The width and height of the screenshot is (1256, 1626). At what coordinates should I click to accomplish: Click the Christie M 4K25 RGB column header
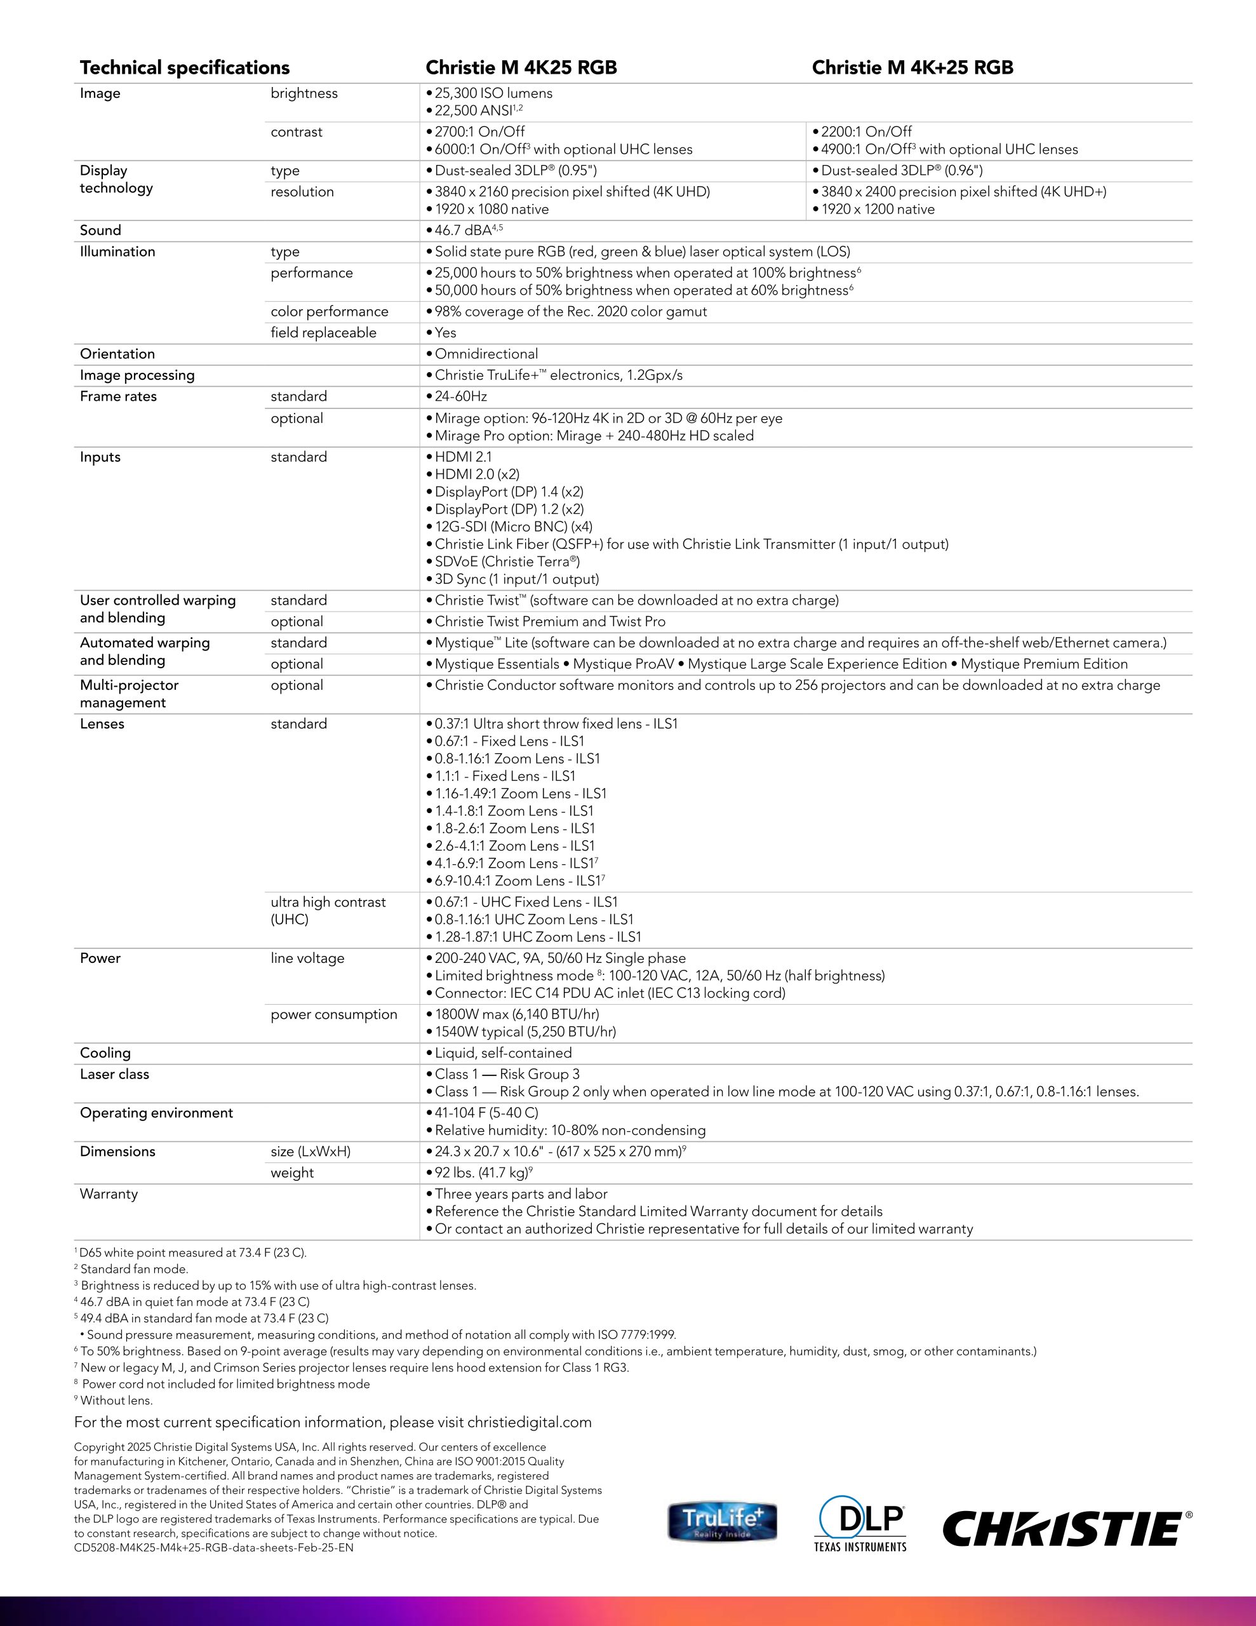point(521,68)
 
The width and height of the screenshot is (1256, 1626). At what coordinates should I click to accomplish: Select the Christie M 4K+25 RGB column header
point(912,68)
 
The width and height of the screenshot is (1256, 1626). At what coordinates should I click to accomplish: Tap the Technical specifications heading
point(184,68)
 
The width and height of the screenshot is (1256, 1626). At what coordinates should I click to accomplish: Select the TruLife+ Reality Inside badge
point(721,1522)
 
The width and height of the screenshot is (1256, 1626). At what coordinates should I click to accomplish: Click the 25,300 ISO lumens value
point(493,93)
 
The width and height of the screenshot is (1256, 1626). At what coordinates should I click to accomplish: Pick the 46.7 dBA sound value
point(467,231)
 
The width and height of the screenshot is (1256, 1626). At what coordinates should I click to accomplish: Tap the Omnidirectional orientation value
point(485,354)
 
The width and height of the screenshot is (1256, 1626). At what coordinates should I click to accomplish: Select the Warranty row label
point(109,1194)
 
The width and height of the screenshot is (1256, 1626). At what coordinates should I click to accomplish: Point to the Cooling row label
point(105,1052)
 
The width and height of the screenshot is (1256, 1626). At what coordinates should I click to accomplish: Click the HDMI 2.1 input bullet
point(462,457)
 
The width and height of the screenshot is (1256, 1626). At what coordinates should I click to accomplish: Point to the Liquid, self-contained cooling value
point(502,1052)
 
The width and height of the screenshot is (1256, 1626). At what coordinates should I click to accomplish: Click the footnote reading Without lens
point(116,1401)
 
